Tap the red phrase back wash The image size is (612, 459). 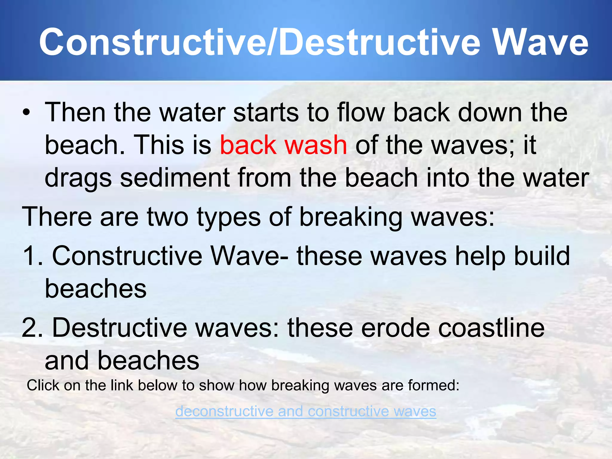point(283,145)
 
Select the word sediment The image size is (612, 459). point(175,178)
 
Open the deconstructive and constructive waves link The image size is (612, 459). point(305,411)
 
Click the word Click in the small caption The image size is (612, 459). point(43,385)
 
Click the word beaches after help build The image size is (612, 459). point(96,289)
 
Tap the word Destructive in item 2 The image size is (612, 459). point(120,328)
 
